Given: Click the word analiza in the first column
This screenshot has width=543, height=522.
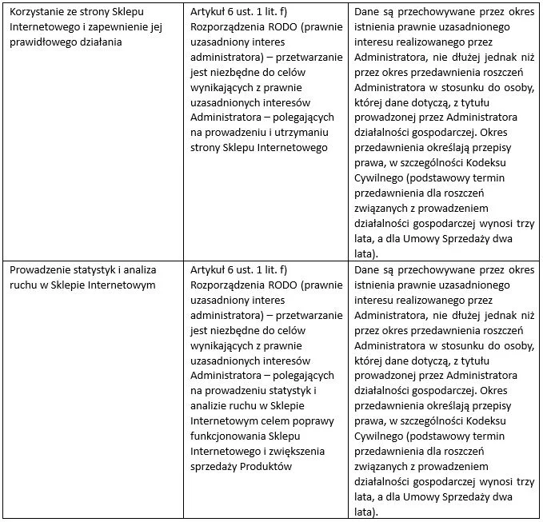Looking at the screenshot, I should click(x=135, y=270).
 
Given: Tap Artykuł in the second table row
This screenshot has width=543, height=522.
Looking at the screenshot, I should click(x=210, y=270).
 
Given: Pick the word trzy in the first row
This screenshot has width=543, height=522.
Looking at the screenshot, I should click(x=524, y=223).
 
